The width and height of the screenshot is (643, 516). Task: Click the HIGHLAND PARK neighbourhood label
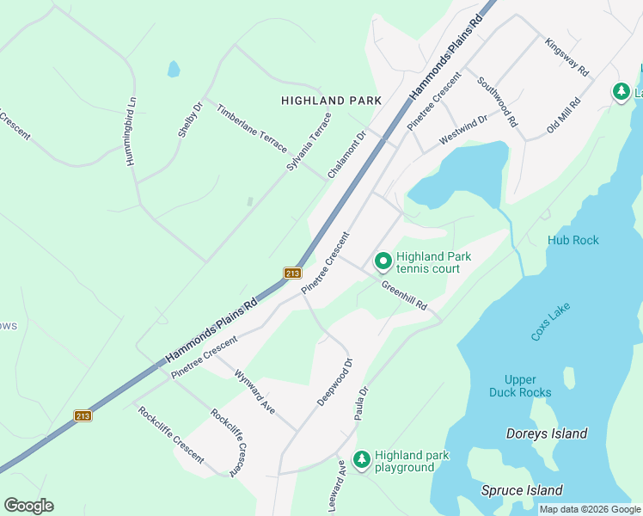click(331, 101)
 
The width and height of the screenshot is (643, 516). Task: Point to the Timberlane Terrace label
click(251, 129)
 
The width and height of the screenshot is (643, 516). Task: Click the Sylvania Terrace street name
click(309, 140)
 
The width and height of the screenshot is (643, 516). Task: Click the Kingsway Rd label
click(566, 57)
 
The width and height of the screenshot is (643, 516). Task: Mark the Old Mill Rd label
click(564, 116)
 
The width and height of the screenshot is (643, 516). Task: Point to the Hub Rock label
click(573, 240)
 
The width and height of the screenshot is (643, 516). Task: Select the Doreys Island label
click(547, 433)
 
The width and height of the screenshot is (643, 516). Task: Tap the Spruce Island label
click(522, 490)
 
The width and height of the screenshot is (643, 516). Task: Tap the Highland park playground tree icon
click(362, 459)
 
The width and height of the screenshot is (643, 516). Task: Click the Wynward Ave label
click(254, 393)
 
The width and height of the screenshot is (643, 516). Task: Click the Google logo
click(28, 506)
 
